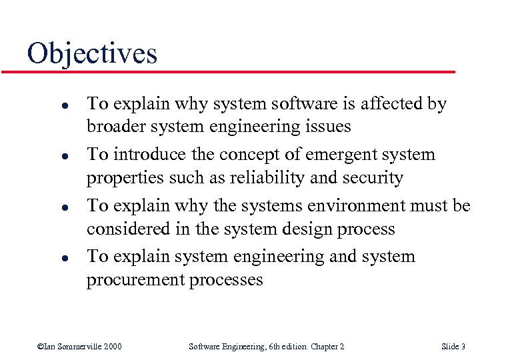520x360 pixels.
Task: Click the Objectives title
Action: click(92, 53)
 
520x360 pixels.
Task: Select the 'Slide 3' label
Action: click(453, 346)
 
